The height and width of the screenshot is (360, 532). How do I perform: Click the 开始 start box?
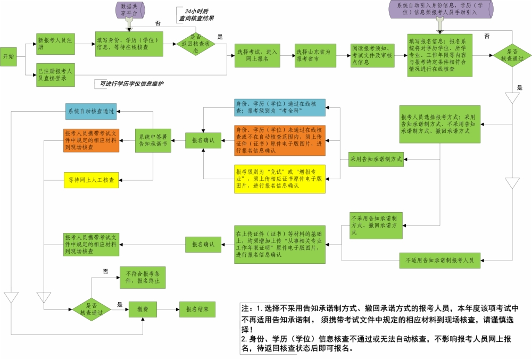9,56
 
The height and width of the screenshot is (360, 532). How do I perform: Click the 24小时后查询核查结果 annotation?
196,14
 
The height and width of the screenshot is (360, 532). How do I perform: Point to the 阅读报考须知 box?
371,55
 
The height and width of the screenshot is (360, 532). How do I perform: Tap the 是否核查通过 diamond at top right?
512,55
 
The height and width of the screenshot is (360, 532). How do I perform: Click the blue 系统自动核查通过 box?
92,111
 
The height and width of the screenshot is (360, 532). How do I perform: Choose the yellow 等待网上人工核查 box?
92,180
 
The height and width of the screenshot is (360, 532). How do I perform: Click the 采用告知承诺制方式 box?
375,158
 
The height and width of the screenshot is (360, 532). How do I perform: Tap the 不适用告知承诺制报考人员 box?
439,261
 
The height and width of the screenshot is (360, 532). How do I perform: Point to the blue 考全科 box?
279,108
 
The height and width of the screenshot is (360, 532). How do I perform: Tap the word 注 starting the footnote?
245,308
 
